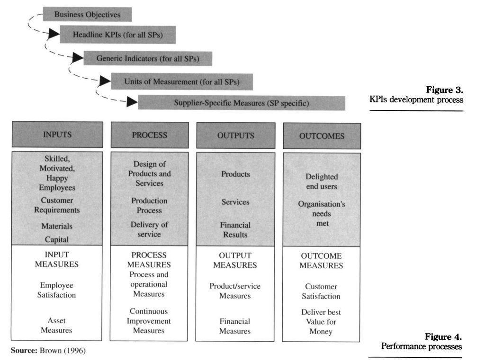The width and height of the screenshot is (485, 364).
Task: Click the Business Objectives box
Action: coord(87,14)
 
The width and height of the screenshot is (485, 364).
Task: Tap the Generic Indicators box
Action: coord(147,58)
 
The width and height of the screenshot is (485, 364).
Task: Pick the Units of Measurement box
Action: coord(181,82)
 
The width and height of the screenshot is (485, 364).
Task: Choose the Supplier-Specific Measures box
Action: coord(241,103)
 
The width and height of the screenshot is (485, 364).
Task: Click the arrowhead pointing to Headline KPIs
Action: coord(54,33)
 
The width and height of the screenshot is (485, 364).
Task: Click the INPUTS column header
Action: coord(57,135)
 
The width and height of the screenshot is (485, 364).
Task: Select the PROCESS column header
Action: coord(149,135)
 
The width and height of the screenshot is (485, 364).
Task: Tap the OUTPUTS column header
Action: coord(235,136)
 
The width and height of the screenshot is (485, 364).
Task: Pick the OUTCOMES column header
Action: coord(322,136)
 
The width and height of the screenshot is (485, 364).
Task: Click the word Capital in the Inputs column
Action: coord(57,239)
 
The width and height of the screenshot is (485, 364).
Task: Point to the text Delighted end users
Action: coord(322,182)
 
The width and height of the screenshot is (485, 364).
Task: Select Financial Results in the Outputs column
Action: coord(235,230)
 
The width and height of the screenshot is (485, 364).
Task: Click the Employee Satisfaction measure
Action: coord(57,290)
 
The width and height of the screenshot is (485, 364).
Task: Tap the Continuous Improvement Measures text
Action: coord(149,321)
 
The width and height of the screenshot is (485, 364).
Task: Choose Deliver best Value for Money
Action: coord(321,322)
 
